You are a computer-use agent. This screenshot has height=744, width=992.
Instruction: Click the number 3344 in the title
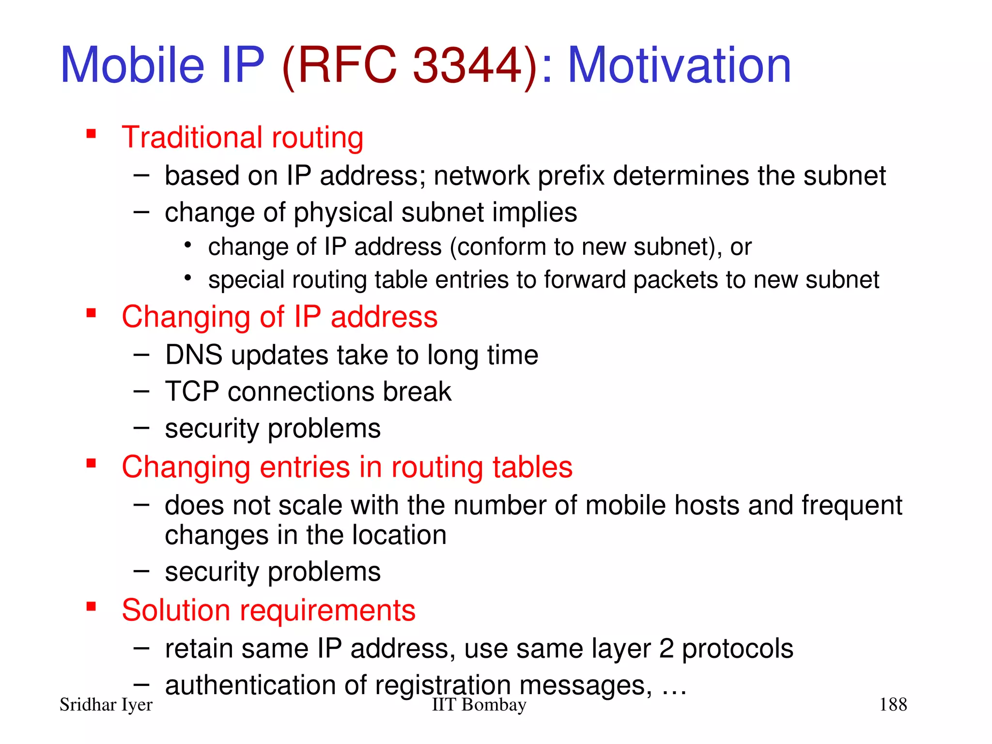click(467, 65)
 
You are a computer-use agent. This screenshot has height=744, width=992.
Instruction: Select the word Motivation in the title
click(679, 65)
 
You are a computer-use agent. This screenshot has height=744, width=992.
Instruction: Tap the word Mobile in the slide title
click(132, 65)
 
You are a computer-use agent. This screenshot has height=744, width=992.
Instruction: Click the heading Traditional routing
click(242, 138)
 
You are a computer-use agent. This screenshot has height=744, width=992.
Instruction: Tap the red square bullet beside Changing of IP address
click(91, 313)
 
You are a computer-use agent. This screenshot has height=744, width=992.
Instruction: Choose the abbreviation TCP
click(192, 391)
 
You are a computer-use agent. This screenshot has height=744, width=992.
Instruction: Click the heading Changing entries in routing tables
click(347, 467)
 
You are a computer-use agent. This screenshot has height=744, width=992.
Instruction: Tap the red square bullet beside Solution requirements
click(91, 606)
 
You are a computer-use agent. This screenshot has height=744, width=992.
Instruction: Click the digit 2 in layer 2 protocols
click(666, 649)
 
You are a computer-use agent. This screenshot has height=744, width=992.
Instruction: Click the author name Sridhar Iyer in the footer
click(106, 705)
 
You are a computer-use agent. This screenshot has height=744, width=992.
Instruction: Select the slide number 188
click(893, 705)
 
